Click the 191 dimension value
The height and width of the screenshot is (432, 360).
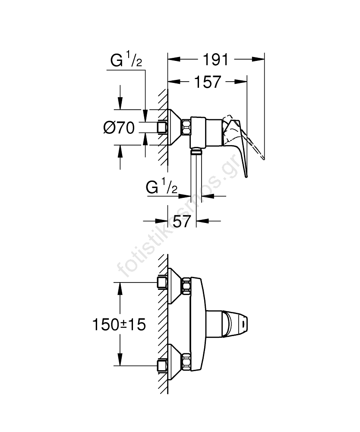click(x=215, y=60)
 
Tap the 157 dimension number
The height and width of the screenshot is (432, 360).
click(x=208, y=82)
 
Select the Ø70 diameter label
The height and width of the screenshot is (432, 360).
click(x=119, y=128)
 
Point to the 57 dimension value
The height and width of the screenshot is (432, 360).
click(x=182, y=221)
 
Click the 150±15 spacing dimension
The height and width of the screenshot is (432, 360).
click(x=119, y=324)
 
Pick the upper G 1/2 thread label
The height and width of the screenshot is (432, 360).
click(x=126, y=60)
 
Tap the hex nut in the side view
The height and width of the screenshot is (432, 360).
click(x=186, y=127)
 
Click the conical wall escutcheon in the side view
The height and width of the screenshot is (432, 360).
click(x=174, y=127)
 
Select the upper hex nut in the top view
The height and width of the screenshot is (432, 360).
click(x=186, y=286)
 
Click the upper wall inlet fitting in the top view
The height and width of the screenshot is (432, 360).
click(x=162, y=283)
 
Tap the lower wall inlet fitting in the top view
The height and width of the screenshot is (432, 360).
click(x=162, y=366)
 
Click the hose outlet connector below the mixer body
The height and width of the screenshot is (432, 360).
click(x=196, y=151)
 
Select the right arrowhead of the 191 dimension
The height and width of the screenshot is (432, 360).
click(x=258, y=59)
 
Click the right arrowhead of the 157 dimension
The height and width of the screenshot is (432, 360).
click(x=240, y=81)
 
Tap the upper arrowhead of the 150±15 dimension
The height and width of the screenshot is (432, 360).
click(x=120, y=289)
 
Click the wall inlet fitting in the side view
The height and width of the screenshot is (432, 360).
click(x=162, y=127)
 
